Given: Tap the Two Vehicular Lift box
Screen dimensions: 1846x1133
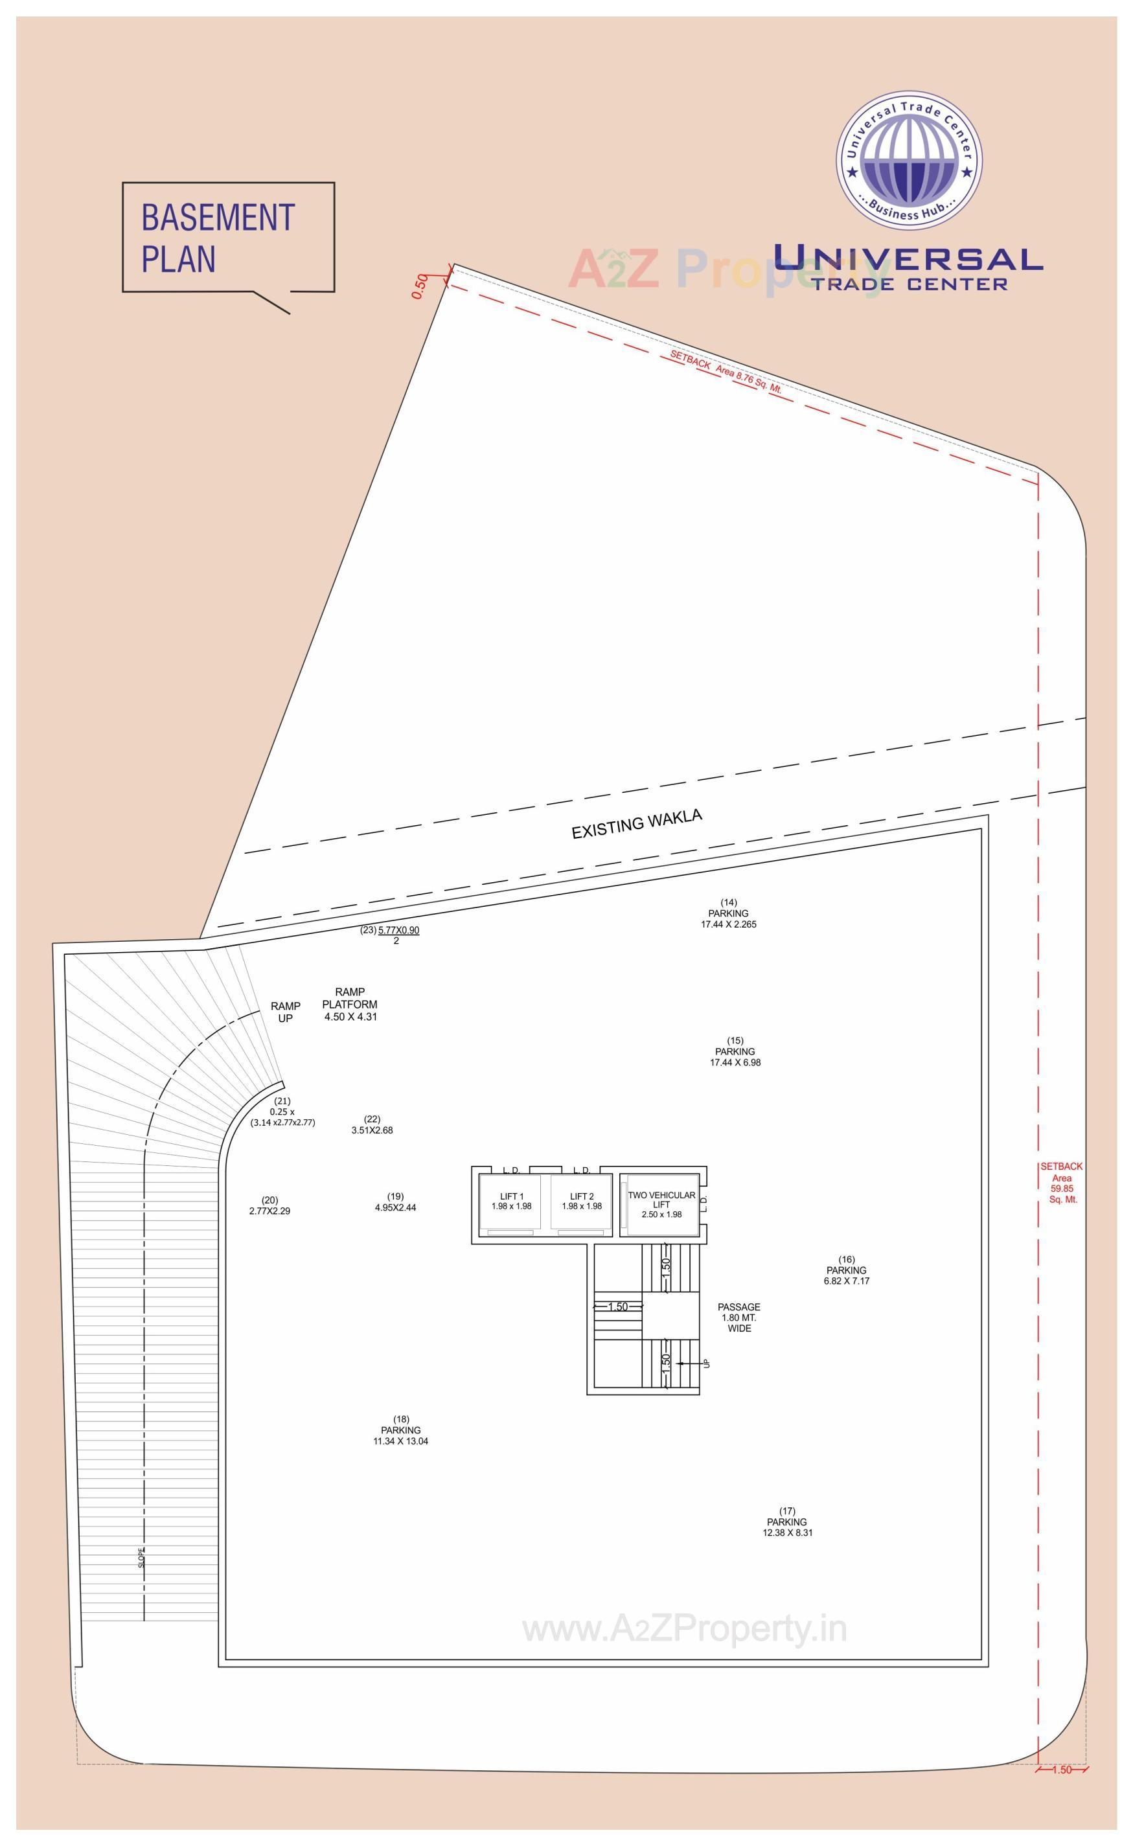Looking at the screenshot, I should (x=661, y=1205).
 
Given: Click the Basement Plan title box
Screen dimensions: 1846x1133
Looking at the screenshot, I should (x=228, y=238).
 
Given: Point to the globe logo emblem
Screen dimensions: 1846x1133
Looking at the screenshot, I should (x=909, y=161).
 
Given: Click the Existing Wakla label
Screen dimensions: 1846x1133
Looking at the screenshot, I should (x=637, y=824).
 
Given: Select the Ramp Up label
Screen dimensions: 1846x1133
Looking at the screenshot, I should (x=286, y=1012).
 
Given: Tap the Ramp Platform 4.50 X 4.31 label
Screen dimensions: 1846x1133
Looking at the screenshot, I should (x=350, y=1005).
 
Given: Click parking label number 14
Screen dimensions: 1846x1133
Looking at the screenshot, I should (x=728, y=913).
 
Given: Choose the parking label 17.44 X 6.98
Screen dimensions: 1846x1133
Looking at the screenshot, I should (x=735, y=1051).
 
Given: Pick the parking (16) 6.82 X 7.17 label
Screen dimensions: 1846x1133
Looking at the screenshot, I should (x=846, y=1270).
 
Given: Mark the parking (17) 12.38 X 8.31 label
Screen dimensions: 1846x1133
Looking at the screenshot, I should (x=787, y=1521).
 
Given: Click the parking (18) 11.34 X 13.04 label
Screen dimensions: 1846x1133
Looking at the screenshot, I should (x=401, y=1430).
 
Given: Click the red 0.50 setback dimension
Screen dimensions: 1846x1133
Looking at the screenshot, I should (x=420, y=286).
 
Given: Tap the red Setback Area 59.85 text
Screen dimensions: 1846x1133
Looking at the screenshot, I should (x=1062, y=1183).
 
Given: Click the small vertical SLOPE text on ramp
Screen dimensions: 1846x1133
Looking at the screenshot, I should (x=143, y=1558).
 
